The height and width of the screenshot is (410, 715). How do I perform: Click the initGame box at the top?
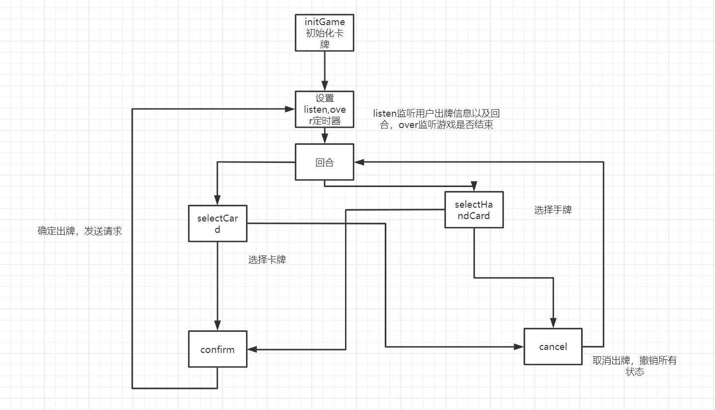[x=324, y=32]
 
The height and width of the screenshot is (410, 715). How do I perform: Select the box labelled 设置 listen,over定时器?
[x=324, y=109]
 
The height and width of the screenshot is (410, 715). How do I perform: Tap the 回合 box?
[x=324, y=162]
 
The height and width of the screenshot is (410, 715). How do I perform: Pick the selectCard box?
[x=218, y=223]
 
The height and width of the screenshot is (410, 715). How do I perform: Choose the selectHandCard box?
[x=474, y=210]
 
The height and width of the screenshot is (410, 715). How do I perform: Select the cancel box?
[x=553, y=347]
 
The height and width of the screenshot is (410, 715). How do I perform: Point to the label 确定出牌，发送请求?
[x=80, y=231]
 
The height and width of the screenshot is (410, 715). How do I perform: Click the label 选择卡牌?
[x=267, y=260]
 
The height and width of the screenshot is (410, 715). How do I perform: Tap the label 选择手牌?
[x=553, y=210]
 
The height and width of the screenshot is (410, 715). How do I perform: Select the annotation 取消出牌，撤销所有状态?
[x=634, y=366]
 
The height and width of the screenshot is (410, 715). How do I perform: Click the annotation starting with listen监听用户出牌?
[x=436, y=120]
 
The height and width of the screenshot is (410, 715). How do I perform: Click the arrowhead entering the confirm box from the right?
[x=252, y=349]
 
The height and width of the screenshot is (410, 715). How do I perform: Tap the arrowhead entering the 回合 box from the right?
[x=359, y=162]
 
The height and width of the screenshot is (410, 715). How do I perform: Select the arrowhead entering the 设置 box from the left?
[x=290, y=109]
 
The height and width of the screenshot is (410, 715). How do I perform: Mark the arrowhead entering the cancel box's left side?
[x=520, y=347]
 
